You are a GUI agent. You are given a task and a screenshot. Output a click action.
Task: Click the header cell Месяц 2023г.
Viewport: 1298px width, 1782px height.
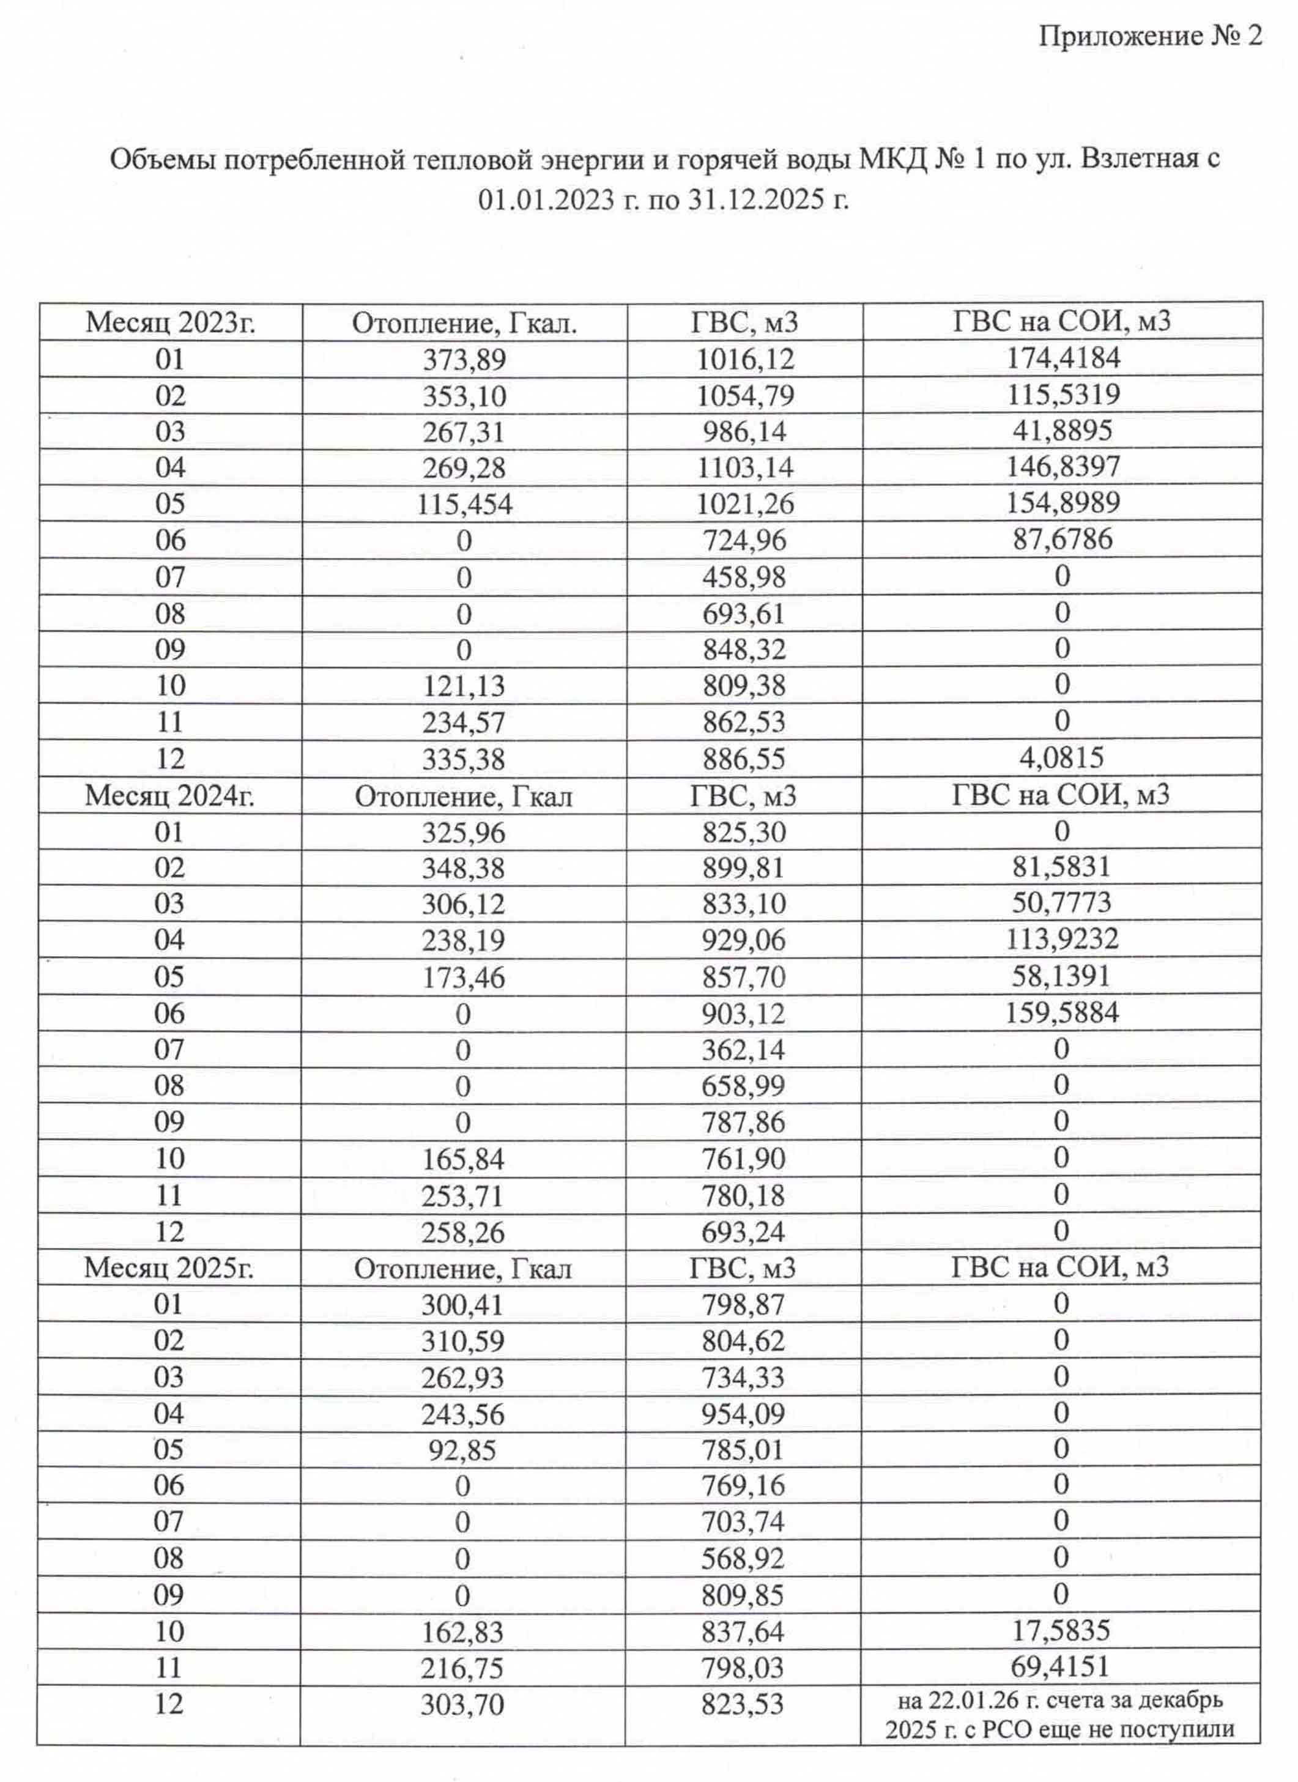[x=171, y=322]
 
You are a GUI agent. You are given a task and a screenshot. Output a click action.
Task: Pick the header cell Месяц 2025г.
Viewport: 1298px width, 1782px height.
[x=169, y=1268]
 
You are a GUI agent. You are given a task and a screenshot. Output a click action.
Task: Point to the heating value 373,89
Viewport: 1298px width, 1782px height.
[x=464, y=360]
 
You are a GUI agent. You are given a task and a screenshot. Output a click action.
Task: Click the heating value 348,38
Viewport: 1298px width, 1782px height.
[x=464, y=868]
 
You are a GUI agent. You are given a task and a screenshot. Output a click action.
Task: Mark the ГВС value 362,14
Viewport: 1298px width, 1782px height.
[x=743, y=1050]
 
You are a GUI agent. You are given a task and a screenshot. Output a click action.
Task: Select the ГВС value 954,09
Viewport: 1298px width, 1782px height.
[x=743, y=1414]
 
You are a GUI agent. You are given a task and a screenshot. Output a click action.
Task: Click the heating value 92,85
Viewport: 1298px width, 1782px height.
[x=463, y=1450]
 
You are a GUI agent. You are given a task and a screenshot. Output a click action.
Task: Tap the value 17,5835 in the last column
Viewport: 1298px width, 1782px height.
[x=1061, y=1630]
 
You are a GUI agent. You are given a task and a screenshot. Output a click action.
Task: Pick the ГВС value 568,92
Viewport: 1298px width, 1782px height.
[x=743, y=1558]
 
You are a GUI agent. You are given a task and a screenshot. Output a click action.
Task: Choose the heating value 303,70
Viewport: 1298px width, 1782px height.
[x=462, y=1704]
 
